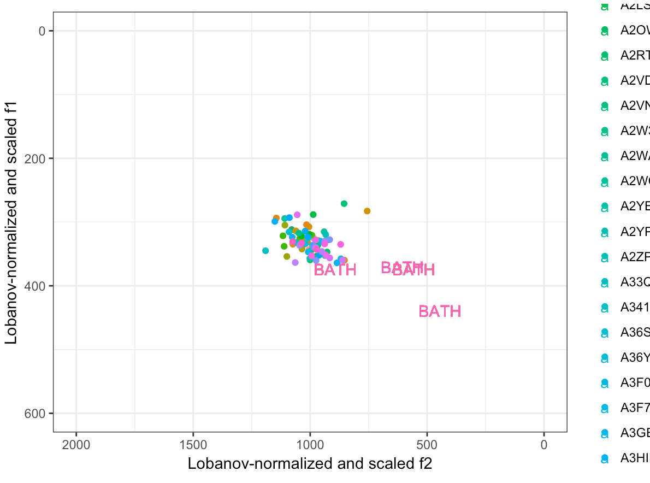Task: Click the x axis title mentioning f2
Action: click(x=310, y=464)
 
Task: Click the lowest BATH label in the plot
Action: click(x=440, y=311)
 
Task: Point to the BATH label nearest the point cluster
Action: click(x=335, y=270)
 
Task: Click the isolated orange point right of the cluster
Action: click(x=367, y=211)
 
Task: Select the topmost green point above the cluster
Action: click(x=344, y=204)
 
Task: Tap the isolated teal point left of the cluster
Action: click(x=265, y=251)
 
